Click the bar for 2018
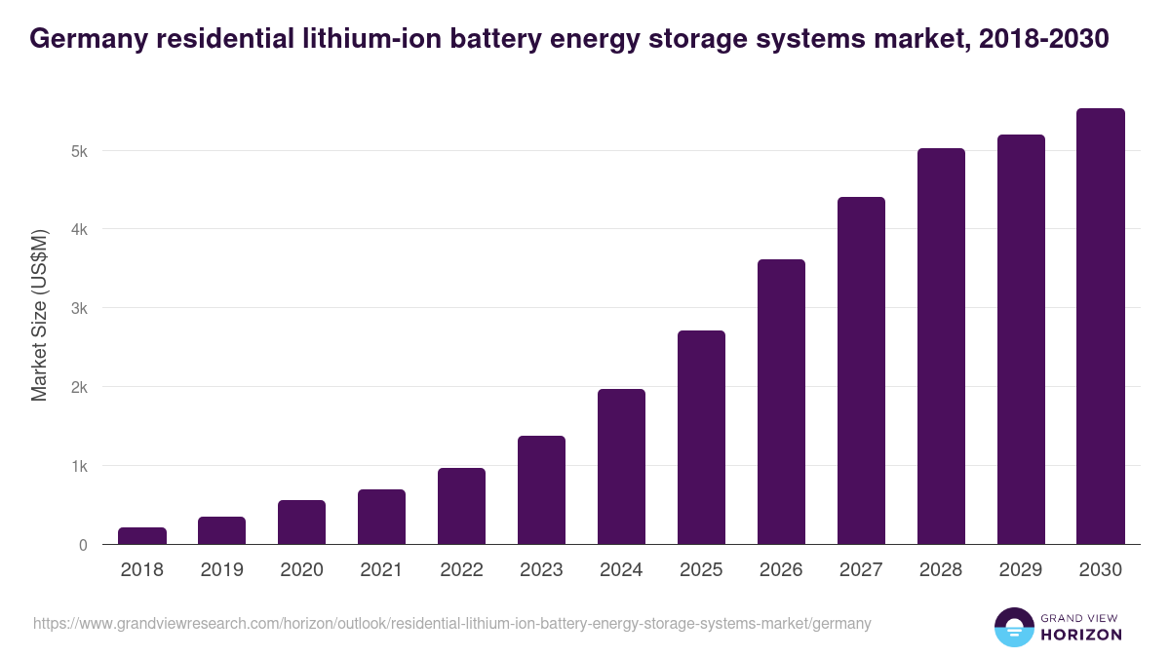tap(142, 535)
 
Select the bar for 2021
tap(381, 517)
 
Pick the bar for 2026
tap(781, 402)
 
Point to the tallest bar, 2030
tap(1101, 327)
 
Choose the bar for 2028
tap(941, 346)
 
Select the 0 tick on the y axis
tap(83, 545)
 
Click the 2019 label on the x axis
tap(222, 570)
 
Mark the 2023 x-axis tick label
tap(541, 570)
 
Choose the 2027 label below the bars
tap(861, 570)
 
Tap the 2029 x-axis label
tap(1021, 570)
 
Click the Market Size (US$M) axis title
tap(39, 316)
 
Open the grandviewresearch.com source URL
tap(451, 623)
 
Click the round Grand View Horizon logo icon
tap(1013, 627)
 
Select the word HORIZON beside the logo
tap(1081, 635)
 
